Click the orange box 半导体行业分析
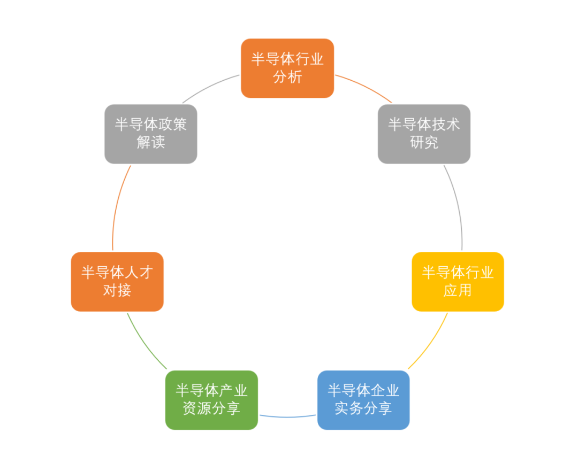(x=287, y=68)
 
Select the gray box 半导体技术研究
(x=424, y=134)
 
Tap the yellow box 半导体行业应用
(x=458, y=281)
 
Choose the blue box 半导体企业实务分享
(x=363, y=400)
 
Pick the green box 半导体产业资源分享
(x=211, y=400)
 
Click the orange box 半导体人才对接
(x=117, y=281)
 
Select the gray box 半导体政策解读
(x=151, y=134)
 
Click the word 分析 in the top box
(x=287, y=77)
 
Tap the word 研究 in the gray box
(x=424, y=143)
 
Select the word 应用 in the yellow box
(x=458, y=290)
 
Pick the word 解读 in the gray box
(x=151, y=143)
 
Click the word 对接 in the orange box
(x=117, y=290)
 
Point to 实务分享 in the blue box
(x=363, y=409)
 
